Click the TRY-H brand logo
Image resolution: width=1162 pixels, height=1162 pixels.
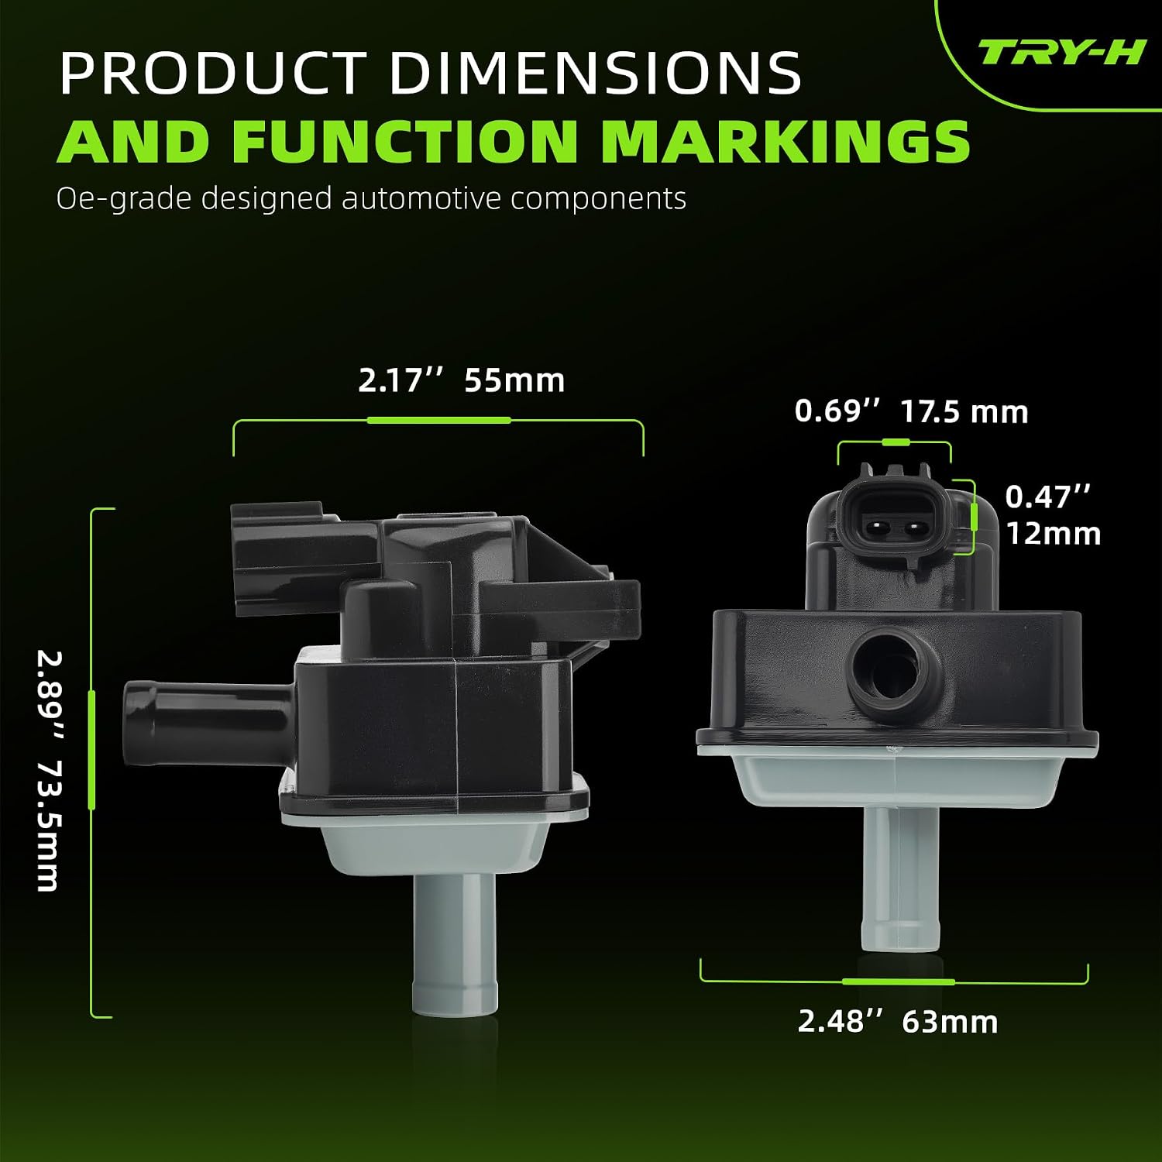(x=1061, y=53)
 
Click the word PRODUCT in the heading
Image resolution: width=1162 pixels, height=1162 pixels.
(x=213, y=73)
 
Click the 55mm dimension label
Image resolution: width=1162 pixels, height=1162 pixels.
(x=514, y=380)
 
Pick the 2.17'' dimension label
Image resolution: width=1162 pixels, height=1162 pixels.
(x=401, y=380)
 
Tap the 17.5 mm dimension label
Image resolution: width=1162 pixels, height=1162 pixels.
(x=964, y=411)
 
